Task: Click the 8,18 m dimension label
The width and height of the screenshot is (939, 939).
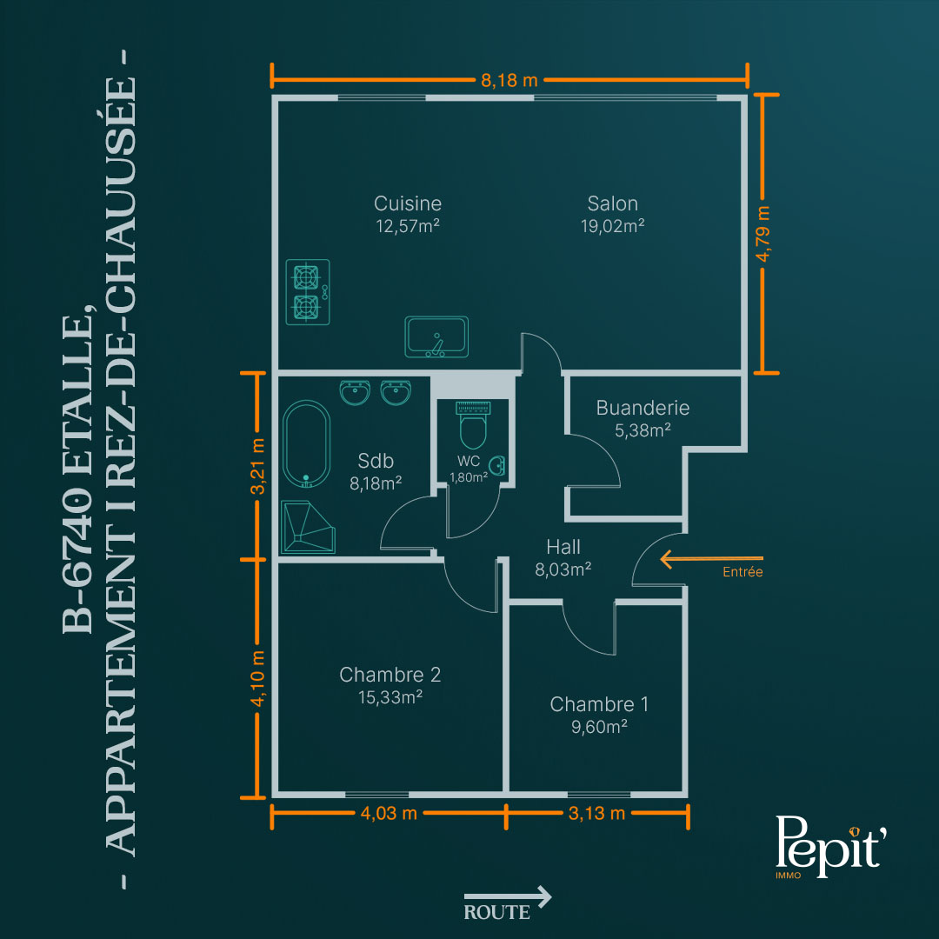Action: [x=509, y=80]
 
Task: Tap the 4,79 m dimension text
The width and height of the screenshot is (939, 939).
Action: [x=763, y=234]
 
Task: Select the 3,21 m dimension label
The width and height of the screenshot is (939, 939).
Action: [x=256, y=467]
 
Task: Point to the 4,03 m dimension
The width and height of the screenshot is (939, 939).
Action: [x=389, y=813]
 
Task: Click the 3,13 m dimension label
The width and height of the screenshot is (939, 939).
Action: [x=596, y=813]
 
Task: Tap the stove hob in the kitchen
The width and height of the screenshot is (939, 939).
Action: [x=308, y=292]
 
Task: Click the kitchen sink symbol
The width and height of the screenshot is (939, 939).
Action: [x=436, y=337]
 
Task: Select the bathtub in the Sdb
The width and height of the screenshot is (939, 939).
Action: [x=306, y=443]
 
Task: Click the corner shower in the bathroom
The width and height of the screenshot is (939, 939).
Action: [x=308, y=527]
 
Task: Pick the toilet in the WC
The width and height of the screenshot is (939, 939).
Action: [x=473, y=425]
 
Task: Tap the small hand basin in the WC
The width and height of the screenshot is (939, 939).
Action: [x=497, y=465]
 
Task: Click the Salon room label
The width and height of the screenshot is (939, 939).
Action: [x=613, y=203]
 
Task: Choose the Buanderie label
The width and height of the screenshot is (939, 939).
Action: [x=643, y=408]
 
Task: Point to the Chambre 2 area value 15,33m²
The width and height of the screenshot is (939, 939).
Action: [x=390, y=697]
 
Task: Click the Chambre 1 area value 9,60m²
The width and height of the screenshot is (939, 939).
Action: [x=599, y=727]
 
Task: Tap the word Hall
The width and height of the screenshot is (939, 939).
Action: [x=563, y=547]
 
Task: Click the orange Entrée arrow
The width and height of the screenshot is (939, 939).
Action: [x=711, y=559]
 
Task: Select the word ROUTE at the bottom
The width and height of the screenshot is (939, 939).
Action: [x=497, y=913]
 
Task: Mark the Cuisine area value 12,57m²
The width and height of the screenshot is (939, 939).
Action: [x=408, y=226]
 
